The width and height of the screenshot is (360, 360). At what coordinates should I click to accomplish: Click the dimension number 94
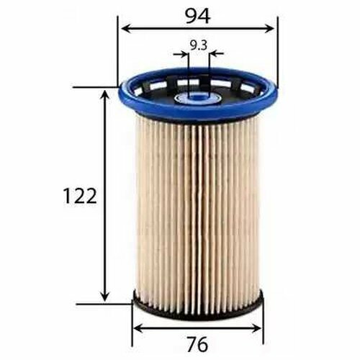point(198,17)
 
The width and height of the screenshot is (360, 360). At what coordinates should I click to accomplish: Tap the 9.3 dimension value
point(199,45)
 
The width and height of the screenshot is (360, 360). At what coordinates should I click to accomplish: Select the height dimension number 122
point(80,196)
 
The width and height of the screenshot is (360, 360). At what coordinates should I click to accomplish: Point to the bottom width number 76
point(197,344)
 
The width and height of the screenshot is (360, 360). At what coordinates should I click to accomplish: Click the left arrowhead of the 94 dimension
point(126,29)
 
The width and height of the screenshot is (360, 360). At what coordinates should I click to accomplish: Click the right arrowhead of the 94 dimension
point(269,29)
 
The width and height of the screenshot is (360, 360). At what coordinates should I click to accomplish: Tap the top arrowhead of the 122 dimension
point(104,95)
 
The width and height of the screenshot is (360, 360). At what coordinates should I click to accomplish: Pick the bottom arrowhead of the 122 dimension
point(104,297)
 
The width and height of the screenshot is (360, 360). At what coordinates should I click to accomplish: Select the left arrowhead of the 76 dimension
point(138,329)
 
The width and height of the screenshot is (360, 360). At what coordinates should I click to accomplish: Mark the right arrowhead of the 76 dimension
point(256,329)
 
